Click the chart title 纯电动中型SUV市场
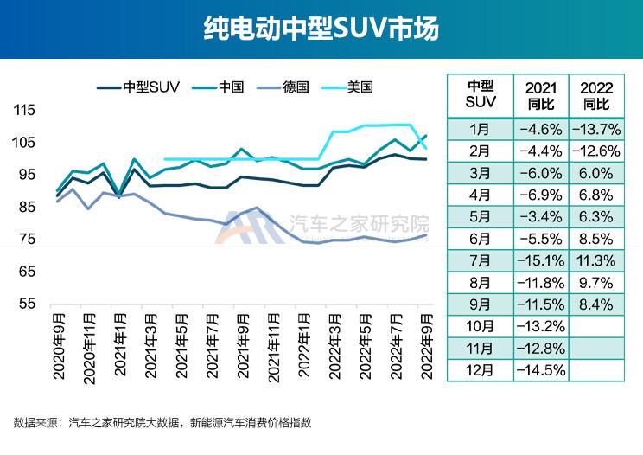(x=321, y=29)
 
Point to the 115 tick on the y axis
(x=25, y=110)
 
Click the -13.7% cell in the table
(x=596, y=129)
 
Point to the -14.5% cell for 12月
(x=541, y=370)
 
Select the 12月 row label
(x=480, y=370)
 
